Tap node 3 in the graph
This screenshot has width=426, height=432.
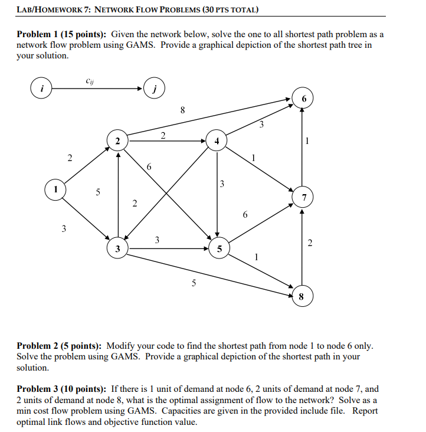[118, 248]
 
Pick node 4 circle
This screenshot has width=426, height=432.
[217, 141]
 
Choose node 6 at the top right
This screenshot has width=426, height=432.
[303, 99]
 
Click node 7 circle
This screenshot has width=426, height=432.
[303, 198]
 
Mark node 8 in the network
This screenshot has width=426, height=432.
[302, 297]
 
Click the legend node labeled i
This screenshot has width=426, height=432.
[41, 89]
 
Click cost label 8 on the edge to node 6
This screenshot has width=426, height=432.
[183, 109]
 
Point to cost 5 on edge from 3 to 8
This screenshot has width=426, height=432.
[194, 282]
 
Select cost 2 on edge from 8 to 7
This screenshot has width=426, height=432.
[311, 243]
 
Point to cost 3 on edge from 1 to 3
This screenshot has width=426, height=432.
[64, 229]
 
